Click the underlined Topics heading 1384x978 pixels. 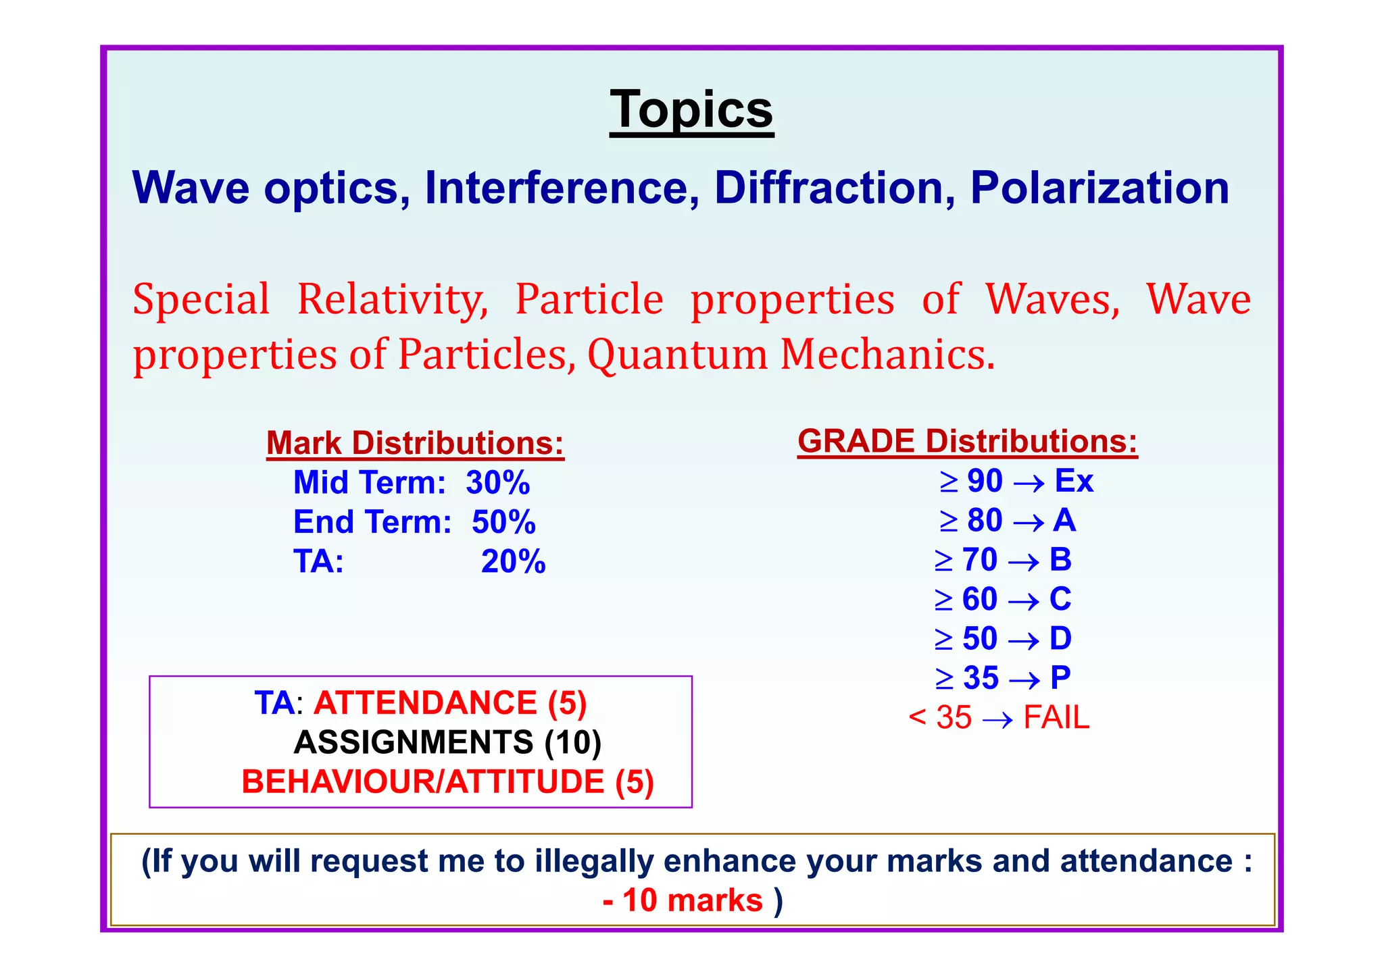[691, 110]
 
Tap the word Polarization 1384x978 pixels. [1099, 188]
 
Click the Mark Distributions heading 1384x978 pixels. [415, 444]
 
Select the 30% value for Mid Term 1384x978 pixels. [497, 483]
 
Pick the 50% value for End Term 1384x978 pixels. [503, 522]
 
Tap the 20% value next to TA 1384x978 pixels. [513, 562]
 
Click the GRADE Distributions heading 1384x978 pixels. [967, 442]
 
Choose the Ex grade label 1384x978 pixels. [1073, 481]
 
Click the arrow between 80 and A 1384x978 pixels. [1029, 522]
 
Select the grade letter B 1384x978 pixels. [1060, 560]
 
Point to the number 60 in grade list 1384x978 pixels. [979, 599]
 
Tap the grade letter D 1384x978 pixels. [1060, 638]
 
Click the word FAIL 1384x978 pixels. [1056, 717]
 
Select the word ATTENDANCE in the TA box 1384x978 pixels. [425, 703]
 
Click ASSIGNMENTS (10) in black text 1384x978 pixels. [447, 742]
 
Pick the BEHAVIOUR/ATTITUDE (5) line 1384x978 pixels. [447, 782]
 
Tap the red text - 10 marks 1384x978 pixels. [683, 901]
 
